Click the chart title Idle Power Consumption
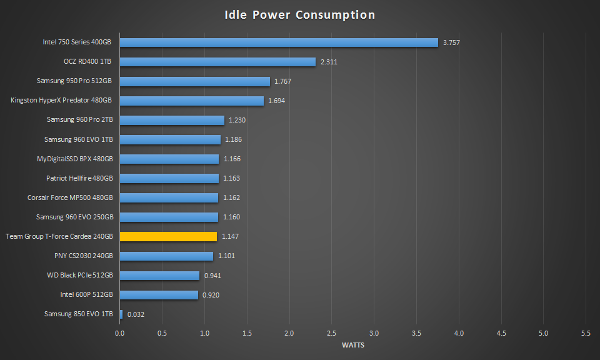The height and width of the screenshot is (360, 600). point(300,15)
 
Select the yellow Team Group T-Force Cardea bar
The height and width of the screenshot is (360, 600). point(168,236)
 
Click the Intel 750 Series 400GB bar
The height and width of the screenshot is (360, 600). point(279,42)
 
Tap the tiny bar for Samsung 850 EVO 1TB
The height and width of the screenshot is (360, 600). point(121,314)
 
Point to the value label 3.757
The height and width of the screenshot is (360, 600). point(451,42)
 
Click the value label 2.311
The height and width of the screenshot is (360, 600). point(329,62)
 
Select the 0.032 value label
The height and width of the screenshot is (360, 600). point(136,314)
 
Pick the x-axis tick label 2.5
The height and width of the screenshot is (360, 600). point(331,334)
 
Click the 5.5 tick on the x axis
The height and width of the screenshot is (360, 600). point(586,334)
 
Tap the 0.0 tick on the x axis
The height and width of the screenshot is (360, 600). point(119,334)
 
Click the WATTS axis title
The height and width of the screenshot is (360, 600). point(353,345)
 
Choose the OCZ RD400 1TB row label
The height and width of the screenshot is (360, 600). point(88,62)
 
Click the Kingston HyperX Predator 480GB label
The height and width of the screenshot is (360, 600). point(61,101)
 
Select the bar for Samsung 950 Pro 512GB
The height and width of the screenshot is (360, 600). point(194,81)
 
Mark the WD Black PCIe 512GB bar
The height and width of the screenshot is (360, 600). point(159,275)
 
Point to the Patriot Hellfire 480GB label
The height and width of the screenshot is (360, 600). point(79,178)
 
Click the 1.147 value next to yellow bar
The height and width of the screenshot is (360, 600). point(230,237)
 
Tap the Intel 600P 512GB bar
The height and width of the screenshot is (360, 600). point(159,294)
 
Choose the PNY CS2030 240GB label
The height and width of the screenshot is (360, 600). point(84,256)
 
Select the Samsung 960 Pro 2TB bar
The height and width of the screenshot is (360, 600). point(172,120)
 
